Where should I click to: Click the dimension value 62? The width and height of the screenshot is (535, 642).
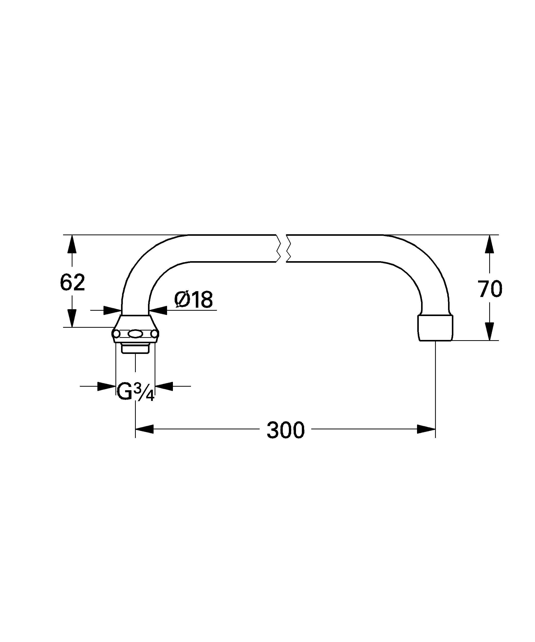72,283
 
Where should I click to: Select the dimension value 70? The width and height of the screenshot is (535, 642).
490,289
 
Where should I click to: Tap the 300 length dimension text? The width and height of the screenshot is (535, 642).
286,430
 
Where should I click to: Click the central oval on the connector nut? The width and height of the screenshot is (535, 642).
135,334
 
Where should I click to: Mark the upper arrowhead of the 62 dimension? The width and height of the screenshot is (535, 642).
72,244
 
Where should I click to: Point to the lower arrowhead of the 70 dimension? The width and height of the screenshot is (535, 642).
490,332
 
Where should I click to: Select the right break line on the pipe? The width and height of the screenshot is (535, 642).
288,248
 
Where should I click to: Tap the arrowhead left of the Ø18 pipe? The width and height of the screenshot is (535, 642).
112,310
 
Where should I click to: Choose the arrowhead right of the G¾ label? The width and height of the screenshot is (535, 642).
164,386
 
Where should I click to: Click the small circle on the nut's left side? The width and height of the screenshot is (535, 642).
116,334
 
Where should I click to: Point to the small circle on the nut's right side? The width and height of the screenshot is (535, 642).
155,334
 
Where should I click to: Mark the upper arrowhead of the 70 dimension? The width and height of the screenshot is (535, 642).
490,244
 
